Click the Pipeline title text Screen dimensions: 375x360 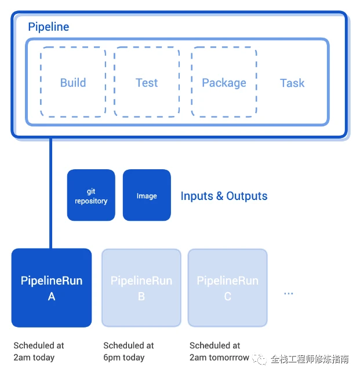49,27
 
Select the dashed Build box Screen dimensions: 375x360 73,82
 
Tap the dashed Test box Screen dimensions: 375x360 147,82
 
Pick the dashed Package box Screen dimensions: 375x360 224,82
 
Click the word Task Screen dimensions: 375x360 292,83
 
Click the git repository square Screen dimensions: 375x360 91,195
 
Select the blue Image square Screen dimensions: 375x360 147,195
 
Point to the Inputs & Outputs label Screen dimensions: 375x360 224,196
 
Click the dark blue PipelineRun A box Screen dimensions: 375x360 52,288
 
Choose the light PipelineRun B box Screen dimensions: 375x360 141,288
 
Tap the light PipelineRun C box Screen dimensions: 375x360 227,288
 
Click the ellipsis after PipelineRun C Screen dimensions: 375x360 289,294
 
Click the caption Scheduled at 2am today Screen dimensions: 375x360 38,351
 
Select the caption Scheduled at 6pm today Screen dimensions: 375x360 128,351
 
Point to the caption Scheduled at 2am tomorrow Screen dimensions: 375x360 219,351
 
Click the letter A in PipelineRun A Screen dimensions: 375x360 52,297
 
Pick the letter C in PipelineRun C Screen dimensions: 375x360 227,297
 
